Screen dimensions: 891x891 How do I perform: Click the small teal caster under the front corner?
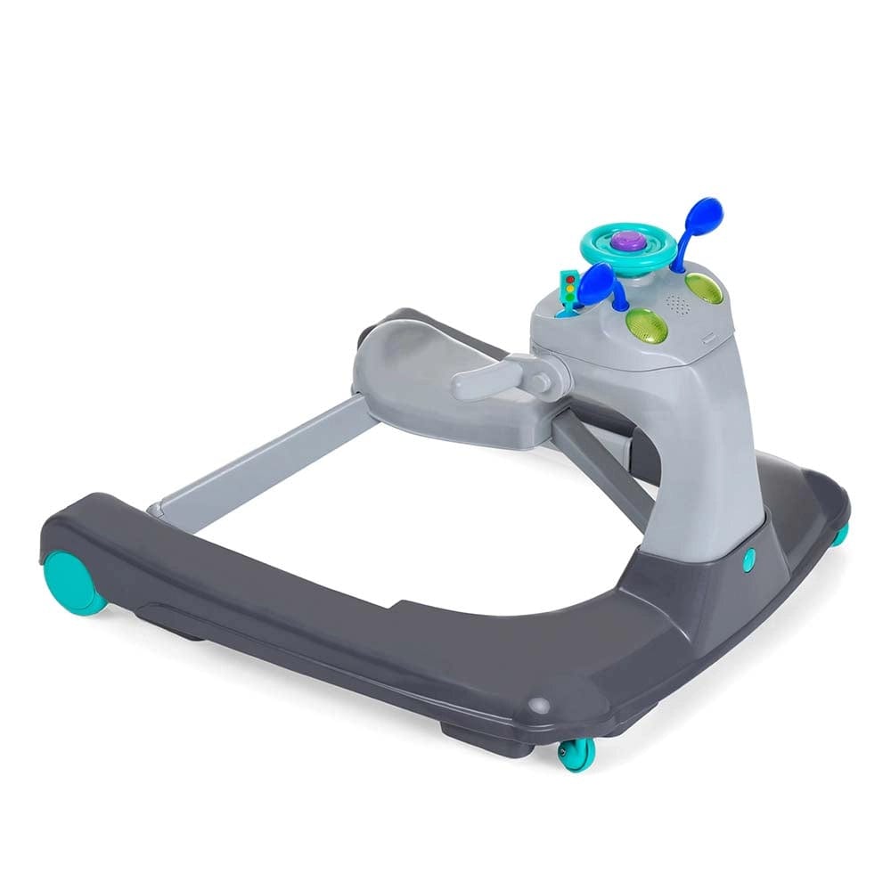click(575, 754)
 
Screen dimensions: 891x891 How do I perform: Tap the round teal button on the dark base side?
click(748, 559)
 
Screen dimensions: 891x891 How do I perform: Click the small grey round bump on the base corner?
click(536, 705)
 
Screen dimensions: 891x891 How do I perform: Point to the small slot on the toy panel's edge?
click(707, 337)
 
